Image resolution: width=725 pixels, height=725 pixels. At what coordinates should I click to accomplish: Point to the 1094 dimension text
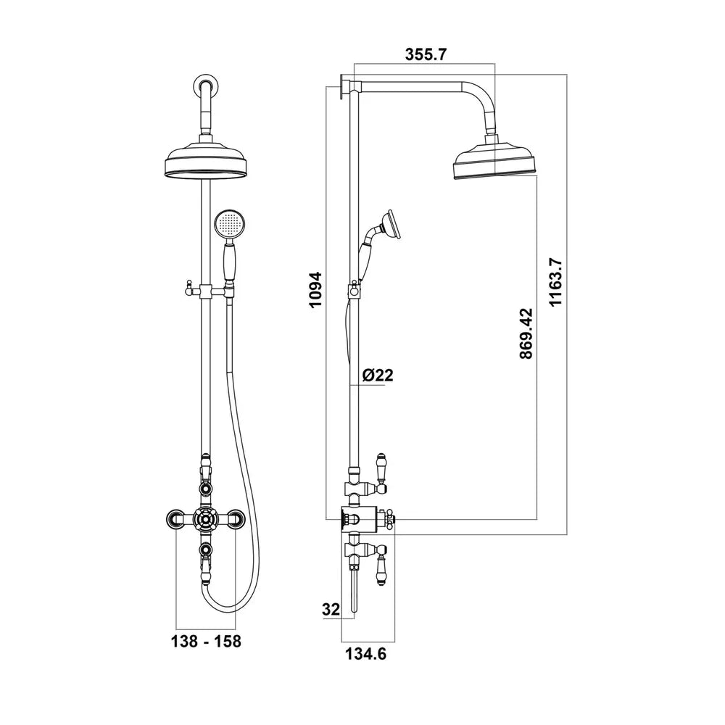pos(315,290)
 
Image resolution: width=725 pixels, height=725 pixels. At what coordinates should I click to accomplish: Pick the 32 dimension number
pos(331,610)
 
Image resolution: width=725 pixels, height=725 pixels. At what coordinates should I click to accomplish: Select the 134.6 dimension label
pos(366,655)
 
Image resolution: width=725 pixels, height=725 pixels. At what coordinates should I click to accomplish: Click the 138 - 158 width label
pos(206,642)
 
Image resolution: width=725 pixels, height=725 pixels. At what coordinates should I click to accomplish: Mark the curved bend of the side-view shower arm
pos(484,97)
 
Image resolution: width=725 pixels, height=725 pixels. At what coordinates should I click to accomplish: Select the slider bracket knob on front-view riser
pos(184,291)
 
